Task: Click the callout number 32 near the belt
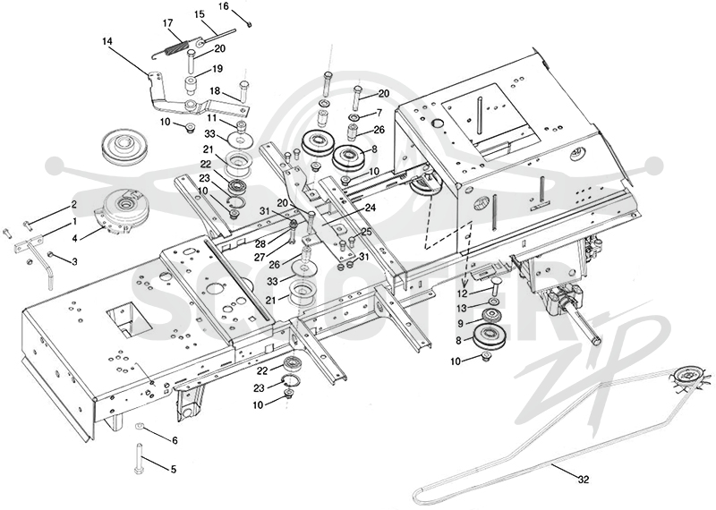point(584,480)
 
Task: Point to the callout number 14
point(107,41)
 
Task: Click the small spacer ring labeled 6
point(140,427)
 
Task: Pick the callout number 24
point(371,208)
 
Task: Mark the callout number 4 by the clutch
point(74,237)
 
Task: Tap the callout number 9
point(461,323)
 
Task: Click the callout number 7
point(379,113)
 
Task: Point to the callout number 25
point(366,232)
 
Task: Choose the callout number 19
point(217,69)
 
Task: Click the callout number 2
point(73,204)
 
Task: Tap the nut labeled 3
point(52,254)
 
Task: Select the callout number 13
point(462,309)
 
